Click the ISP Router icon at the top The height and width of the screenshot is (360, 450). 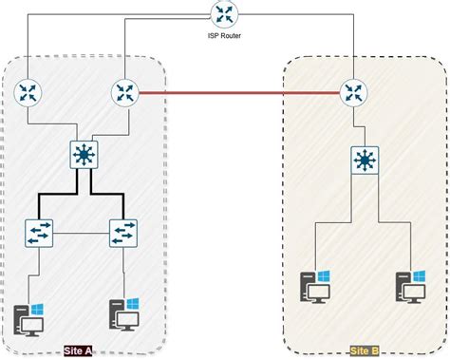coord(225,13)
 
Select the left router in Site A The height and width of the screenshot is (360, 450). coord(28,92)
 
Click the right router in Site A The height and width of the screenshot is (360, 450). coord(124,92)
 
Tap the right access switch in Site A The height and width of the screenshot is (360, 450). coord(123,231)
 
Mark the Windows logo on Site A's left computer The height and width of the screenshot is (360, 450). coord(37,309)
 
